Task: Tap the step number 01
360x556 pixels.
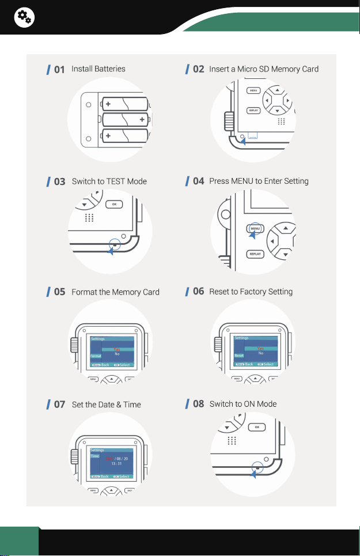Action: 59,70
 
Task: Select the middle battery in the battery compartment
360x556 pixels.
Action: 126,120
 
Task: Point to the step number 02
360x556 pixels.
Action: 198,70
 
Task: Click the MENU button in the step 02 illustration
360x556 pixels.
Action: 253,90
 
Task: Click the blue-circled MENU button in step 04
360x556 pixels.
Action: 255,229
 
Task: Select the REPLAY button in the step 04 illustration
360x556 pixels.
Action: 255,254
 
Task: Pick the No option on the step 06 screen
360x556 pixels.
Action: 260,353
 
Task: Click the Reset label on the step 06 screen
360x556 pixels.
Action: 239,356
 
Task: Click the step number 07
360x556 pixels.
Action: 59,404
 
